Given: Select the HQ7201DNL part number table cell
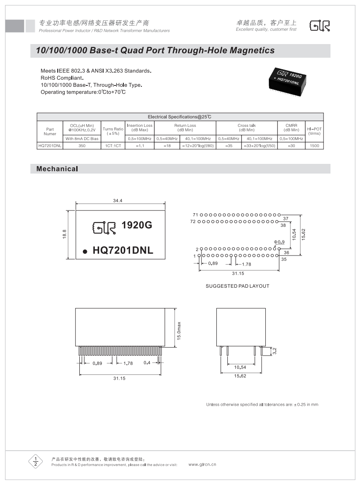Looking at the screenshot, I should coord(50,145).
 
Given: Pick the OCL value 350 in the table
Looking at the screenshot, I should coord(82,145).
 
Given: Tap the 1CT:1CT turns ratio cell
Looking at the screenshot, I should coord(113,145).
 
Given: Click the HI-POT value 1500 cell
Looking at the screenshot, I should coord(314,145).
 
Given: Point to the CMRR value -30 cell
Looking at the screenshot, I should coord(291,145).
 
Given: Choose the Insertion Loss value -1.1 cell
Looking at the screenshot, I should coord(139,145).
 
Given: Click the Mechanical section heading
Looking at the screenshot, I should coord(57,169).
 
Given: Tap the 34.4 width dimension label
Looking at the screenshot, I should coord(117,200).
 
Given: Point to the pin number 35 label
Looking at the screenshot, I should coord(284,259).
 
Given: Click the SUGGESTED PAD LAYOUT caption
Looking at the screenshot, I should coord(237,286).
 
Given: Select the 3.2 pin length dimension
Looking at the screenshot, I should coord(275,351).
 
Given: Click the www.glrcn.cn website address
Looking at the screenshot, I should coord(202,464).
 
